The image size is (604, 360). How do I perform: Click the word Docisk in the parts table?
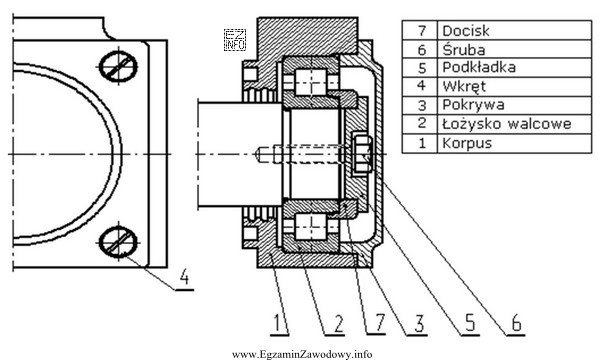coord(466,30)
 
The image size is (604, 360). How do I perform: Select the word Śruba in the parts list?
coord(463,49)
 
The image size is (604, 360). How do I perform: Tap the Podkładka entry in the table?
coord(479,67)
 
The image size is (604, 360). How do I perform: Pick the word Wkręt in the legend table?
coord(464,87)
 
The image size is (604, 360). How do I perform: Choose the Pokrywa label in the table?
coord(473,105)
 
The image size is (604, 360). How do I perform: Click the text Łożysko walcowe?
coord(507,124)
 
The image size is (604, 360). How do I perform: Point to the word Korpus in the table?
coord(467,143)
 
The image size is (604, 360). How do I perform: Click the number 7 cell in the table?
coord(420,30)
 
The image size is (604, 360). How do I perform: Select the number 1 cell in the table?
coord(420,144)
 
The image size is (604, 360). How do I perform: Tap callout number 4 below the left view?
coord(185,277)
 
